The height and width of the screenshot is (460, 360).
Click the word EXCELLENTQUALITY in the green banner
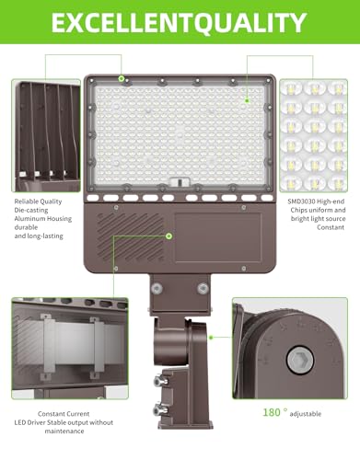click(x=179, y=23)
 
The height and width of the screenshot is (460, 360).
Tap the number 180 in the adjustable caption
click(x=272, y=412)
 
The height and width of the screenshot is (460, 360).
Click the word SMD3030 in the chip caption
click(x=301, y=201)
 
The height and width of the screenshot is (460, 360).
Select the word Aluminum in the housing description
click(x=29, y=219)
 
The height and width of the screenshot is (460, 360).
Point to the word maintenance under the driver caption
click(x=64, y=431)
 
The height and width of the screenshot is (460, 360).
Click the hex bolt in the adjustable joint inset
click(x=300, y=360)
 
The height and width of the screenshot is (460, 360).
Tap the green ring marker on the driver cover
click(x=168, y=236)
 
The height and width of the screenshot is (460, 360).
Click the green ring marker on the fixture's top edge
click(x=122, y=79)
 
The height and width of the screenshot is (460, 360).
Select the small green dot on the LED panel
click(x=247, y=100)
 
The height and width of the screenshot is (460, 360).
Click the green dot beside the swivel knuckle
click(x=211, y=338)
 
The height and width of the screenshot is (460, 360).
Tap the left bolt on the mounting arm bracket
click(x=157, y=288)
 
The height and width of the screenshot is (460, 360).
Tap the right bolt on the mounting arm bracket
click(x=203, y=288)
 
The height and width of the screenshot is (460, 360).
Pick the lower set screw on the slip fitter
click(x=160, y=409)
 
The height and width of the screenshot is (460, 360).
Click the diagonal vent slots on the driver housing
click(x=130, y=236)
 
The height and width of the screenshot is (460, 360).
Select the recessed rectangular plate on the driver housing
click(x=218, y=237)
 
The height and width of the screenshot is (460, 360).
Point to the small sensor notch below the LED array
click(x=179, y=182)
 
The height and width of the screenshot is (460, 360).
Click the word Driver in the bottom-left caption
click(x=36, y=422)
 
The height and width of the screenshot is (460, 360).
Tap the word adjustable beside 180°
click(x=306, y=414)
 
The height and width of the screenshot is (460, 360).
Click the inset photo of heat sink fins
click(x=46, y=135)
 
